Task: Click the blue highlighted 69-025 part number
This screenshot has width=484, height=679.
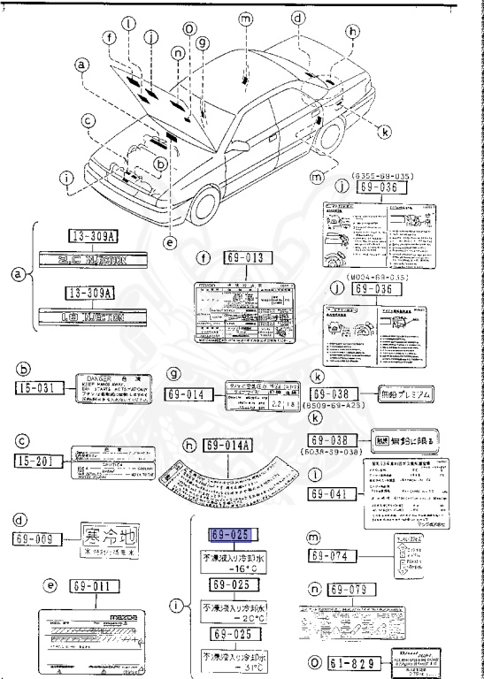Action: (x=232, y=534)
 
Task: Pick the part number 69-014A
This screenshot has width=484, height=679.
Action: (x=232, y=444)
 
